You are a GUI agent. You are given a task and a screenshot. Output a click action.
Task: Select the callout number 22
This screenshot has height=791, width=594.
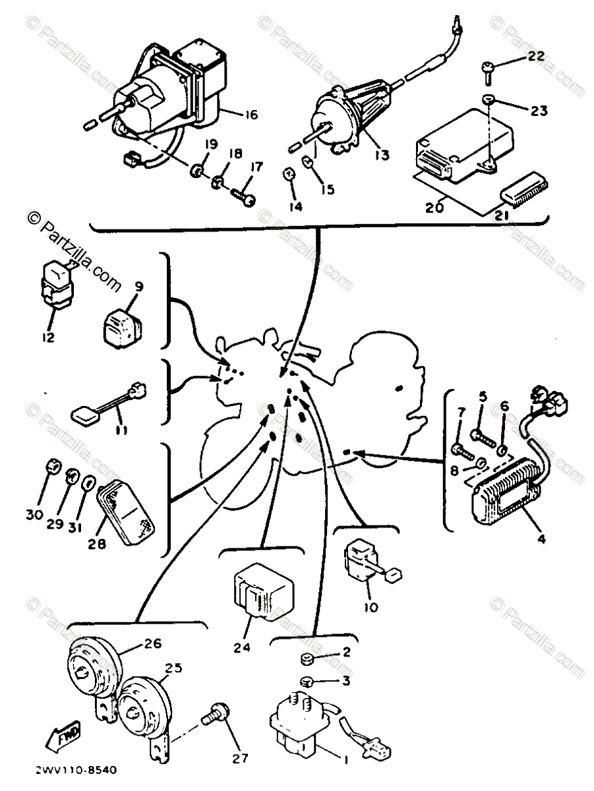pyautogui.click(x=537, y=57)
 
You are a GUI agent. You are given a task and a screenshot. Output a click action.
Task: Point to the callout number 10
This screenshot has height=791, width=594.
pyautogui.click(x=371, y=607)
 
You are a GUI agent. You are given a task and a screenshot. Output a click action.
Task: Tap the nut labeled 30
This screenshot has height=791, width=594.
pyautogui.click(x=52, y=467)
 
